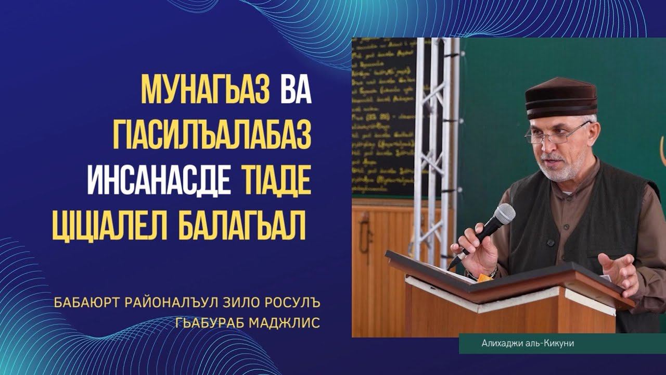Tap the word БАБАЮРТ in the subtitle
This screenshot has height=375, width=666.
click(x=86, y=303)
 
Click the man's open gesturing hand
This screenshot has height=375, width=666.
click(x=619, y=271)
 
